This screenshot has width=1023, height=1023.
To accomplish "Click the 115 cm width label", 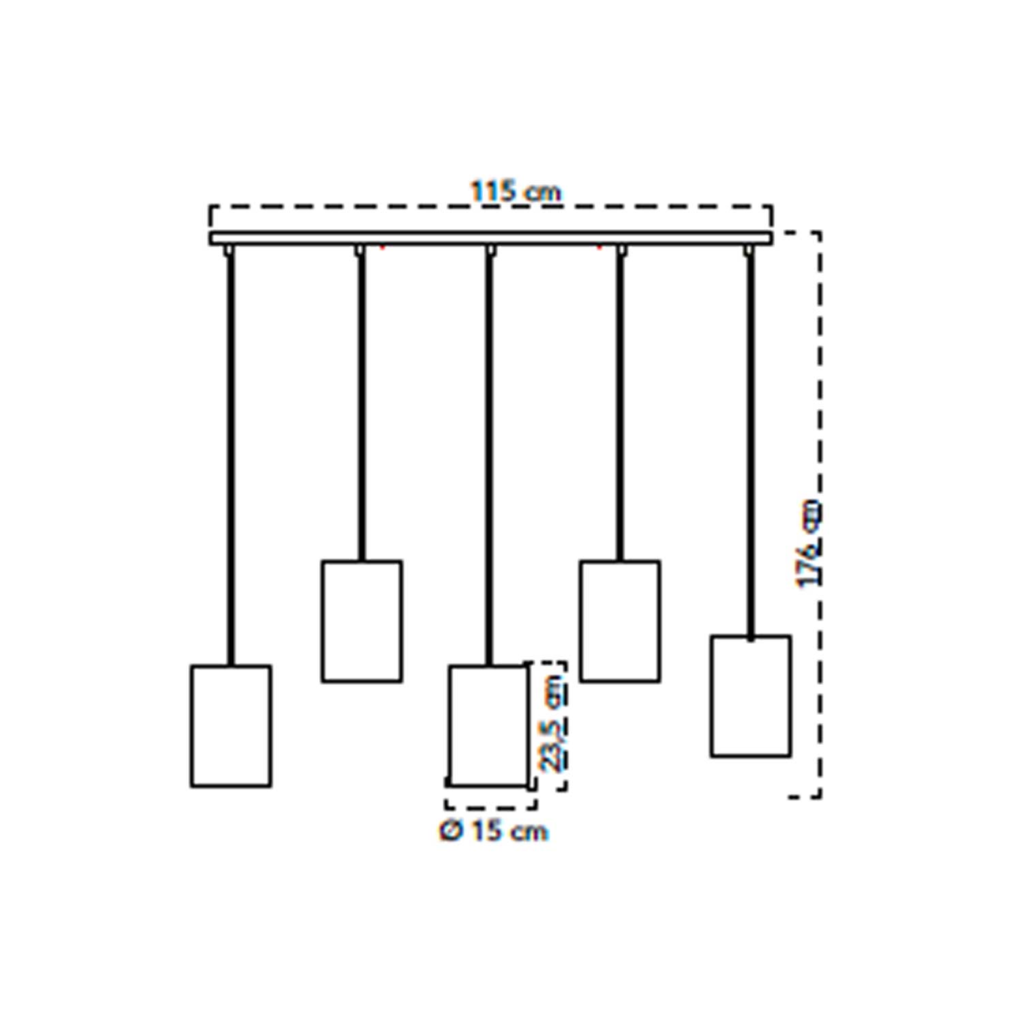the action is click(516, 192).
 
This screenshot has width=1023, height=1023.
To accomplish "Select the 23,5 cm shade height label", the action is click(553, 724).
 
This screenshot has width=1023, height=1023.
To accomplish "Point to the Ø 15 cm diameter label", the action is click(494, 831).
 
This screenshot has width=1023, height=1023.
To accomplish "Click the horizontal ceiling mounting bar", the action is click(491, 238).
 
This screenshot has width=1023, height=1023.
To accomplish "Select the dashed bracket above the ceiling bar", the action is click(491, 206).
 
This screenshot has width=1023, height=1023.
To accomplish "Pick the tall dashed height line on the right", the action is click(818, 514).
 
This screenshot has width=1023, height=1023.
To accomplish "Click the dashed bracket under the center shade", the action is click(491, 808).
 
